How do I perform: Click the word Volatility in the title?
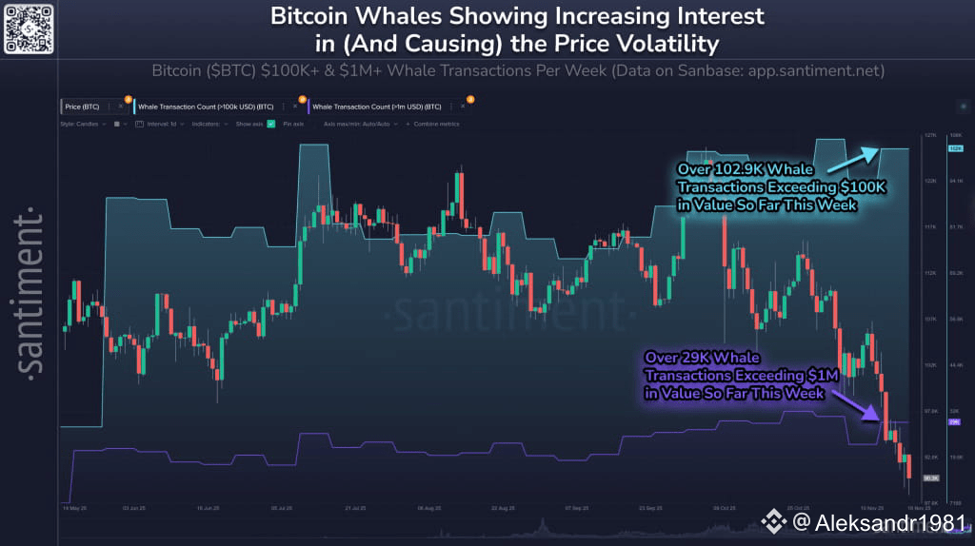[662, 43]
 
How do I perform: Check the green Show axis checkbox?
[271, 124]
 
